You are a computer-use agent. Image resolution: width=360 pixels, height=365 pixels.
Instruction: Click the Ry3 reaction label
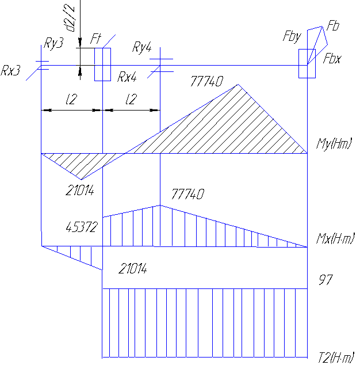click(x=53, y=45)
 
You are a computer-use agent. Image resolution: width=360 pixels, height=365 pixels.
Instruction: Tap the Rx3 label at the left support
click(x=11, y=71)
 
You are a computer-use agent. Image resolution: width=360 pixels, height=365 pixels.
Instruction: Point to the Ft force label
click(x=96, y=40)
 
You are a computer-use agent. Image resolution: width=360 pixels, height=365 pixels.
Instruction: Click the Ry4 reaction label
click(x=141, y=47)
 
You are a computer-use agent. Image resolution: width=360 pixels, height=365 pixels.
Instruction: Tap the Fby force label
click(x=292, y=37)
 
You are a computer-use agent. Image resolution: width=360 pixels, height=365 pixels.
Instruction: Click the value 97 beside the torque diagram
click(x=326, y=280)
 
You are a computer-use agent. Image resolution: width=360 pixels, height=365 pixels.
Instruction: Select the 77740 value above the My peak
click(x=206, y=82)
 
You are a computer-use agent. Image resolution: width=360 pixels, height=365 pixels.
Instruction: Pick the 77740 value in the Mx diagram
click(x=187, y=195)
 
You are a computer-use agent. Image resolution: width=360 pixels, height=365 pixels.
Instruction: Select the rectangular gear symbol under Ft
click(x=102, y=64)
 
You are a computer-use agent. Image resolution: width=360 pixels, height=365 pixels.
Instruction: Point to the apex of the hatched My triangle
click(x=238, y=85)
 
